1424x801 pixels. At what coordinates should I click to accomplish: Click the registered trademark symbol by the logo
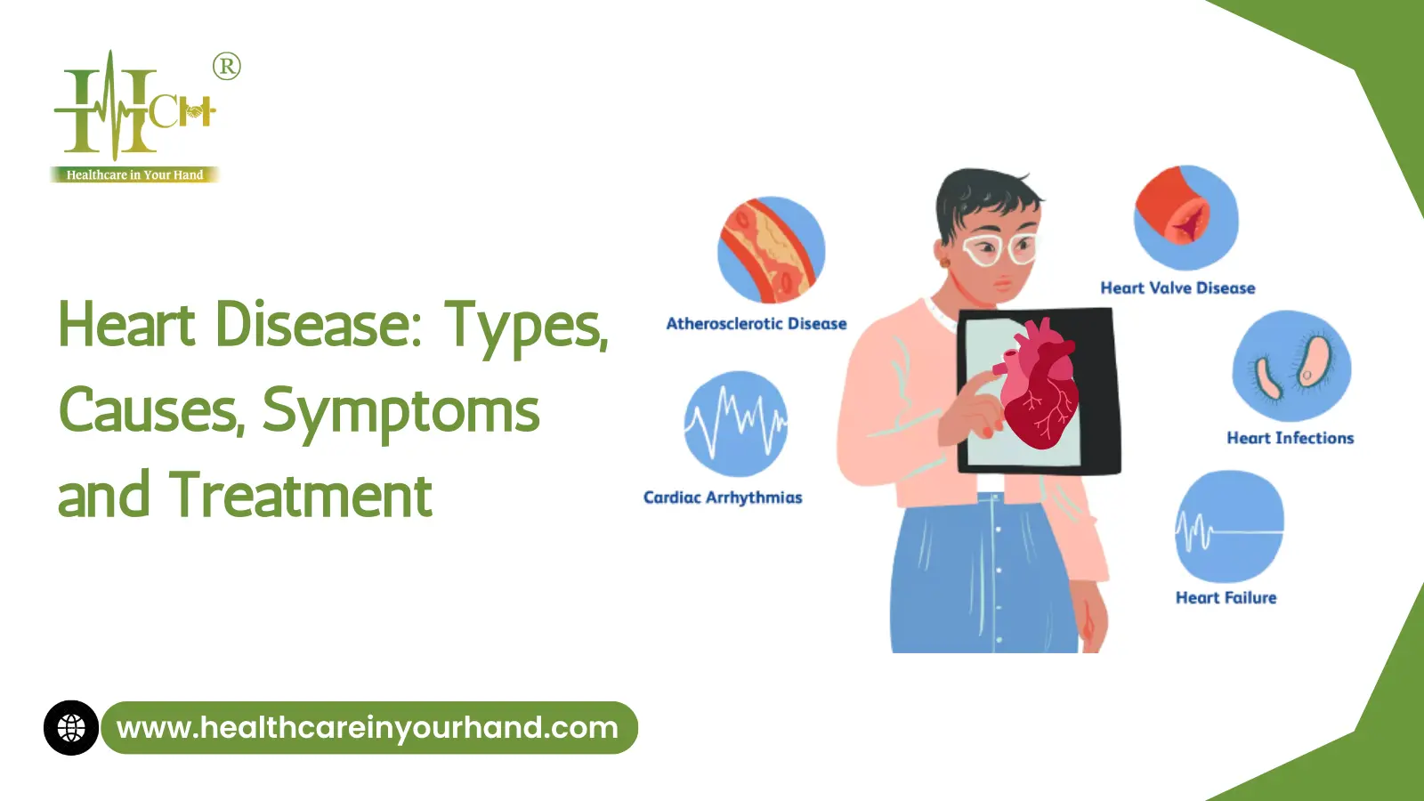click(226, 66)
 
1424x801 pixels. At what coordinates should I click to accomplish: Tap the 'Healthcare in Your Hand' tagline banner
click(134, 174)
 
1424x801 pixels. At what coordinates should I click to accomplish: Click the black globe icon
click(71, 728)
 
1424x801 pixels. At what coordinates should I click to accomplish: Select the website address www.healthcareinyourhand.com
click(368, 728)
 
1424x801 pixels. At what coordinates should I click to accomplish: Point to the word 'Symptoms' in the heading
click(400, 411)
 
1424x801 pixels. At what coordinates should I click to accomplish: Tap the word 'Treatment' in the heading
click(301, 495)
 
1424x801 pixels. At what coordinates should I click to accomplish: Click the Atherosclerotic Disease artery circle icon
click(772, 250)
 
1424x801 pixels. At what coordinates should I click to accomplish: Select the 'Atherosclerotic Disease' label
click(756, 324)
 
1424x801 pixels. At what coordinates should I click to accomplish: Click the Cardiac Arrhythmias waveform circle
click(736, 424)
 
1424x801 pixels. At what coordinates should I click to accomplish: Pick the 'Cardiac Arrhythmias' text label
click(723, 498)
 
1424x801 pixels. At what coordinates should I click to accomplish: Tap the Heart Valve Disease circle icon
click(1186, 218)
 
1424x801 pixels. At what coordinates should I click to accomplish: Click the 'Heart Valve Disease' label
click(1178, 288)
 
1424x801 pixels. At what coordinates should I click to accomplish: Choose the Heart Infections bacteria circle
click(1291, 366)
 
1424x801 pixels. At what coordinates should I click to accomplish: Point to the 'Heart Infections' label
click(1290, 438)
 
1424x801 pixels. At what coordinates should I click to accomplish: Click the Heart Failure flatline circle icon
click(1229, 526)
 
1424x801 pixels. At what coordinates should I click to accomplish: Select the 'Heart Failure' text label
click(1226, 597)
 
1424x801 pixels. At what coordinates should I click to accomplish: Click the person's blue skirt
click(984, 573)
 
